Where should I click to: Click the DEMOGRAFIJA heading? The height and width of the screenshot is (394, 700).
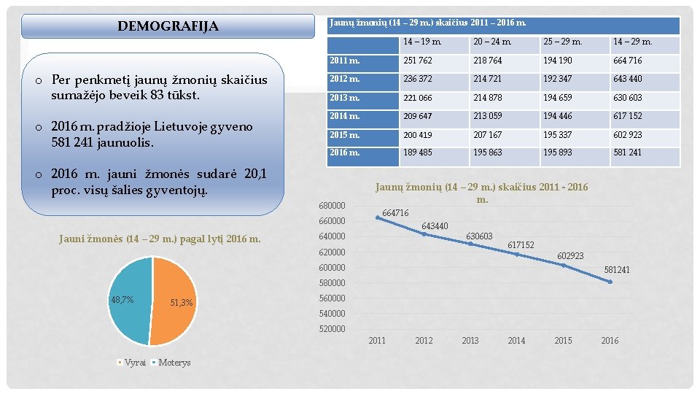pos(168,27)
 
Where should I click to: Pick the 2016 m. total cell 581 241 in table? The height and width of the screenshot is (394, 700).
pos(627,152)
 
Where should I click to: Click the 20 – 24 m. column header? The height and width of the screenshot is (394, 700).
pos(492,42)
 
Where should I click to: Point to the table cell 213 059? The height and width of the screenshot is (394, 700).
pos(488,116)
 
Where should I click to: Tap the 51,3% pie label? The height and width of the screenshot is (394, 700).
pos(181,303)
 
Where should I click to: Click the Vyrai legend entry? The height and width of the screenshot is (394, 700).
pos(135,363)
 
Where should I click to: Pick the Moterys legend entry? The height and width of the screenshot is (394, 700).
pos(174,363)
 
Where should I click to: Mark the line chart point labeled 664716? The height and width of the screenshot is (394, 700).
pos(378,217)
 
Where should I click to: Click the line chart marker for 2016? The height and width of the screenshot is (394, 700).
pos(610,282)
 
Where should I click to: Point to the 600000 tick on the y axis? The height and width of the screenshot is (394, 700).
pos(332,268)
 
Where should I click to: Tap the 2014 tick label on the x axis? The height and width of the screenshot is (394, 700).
pos(516,341)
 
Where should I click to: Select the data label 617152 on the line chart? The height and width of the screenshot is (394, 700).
pos(521,245)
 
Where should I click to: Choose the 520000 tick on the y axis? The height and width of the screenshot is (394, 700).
pos(332,329)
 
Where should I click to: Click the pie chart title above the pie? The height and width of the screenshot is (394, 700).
pos(159,239)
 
